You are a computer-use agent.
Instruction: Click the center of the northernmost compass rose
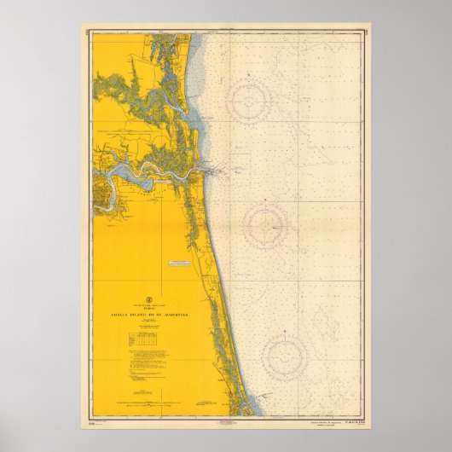click(x=248, y=101)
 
